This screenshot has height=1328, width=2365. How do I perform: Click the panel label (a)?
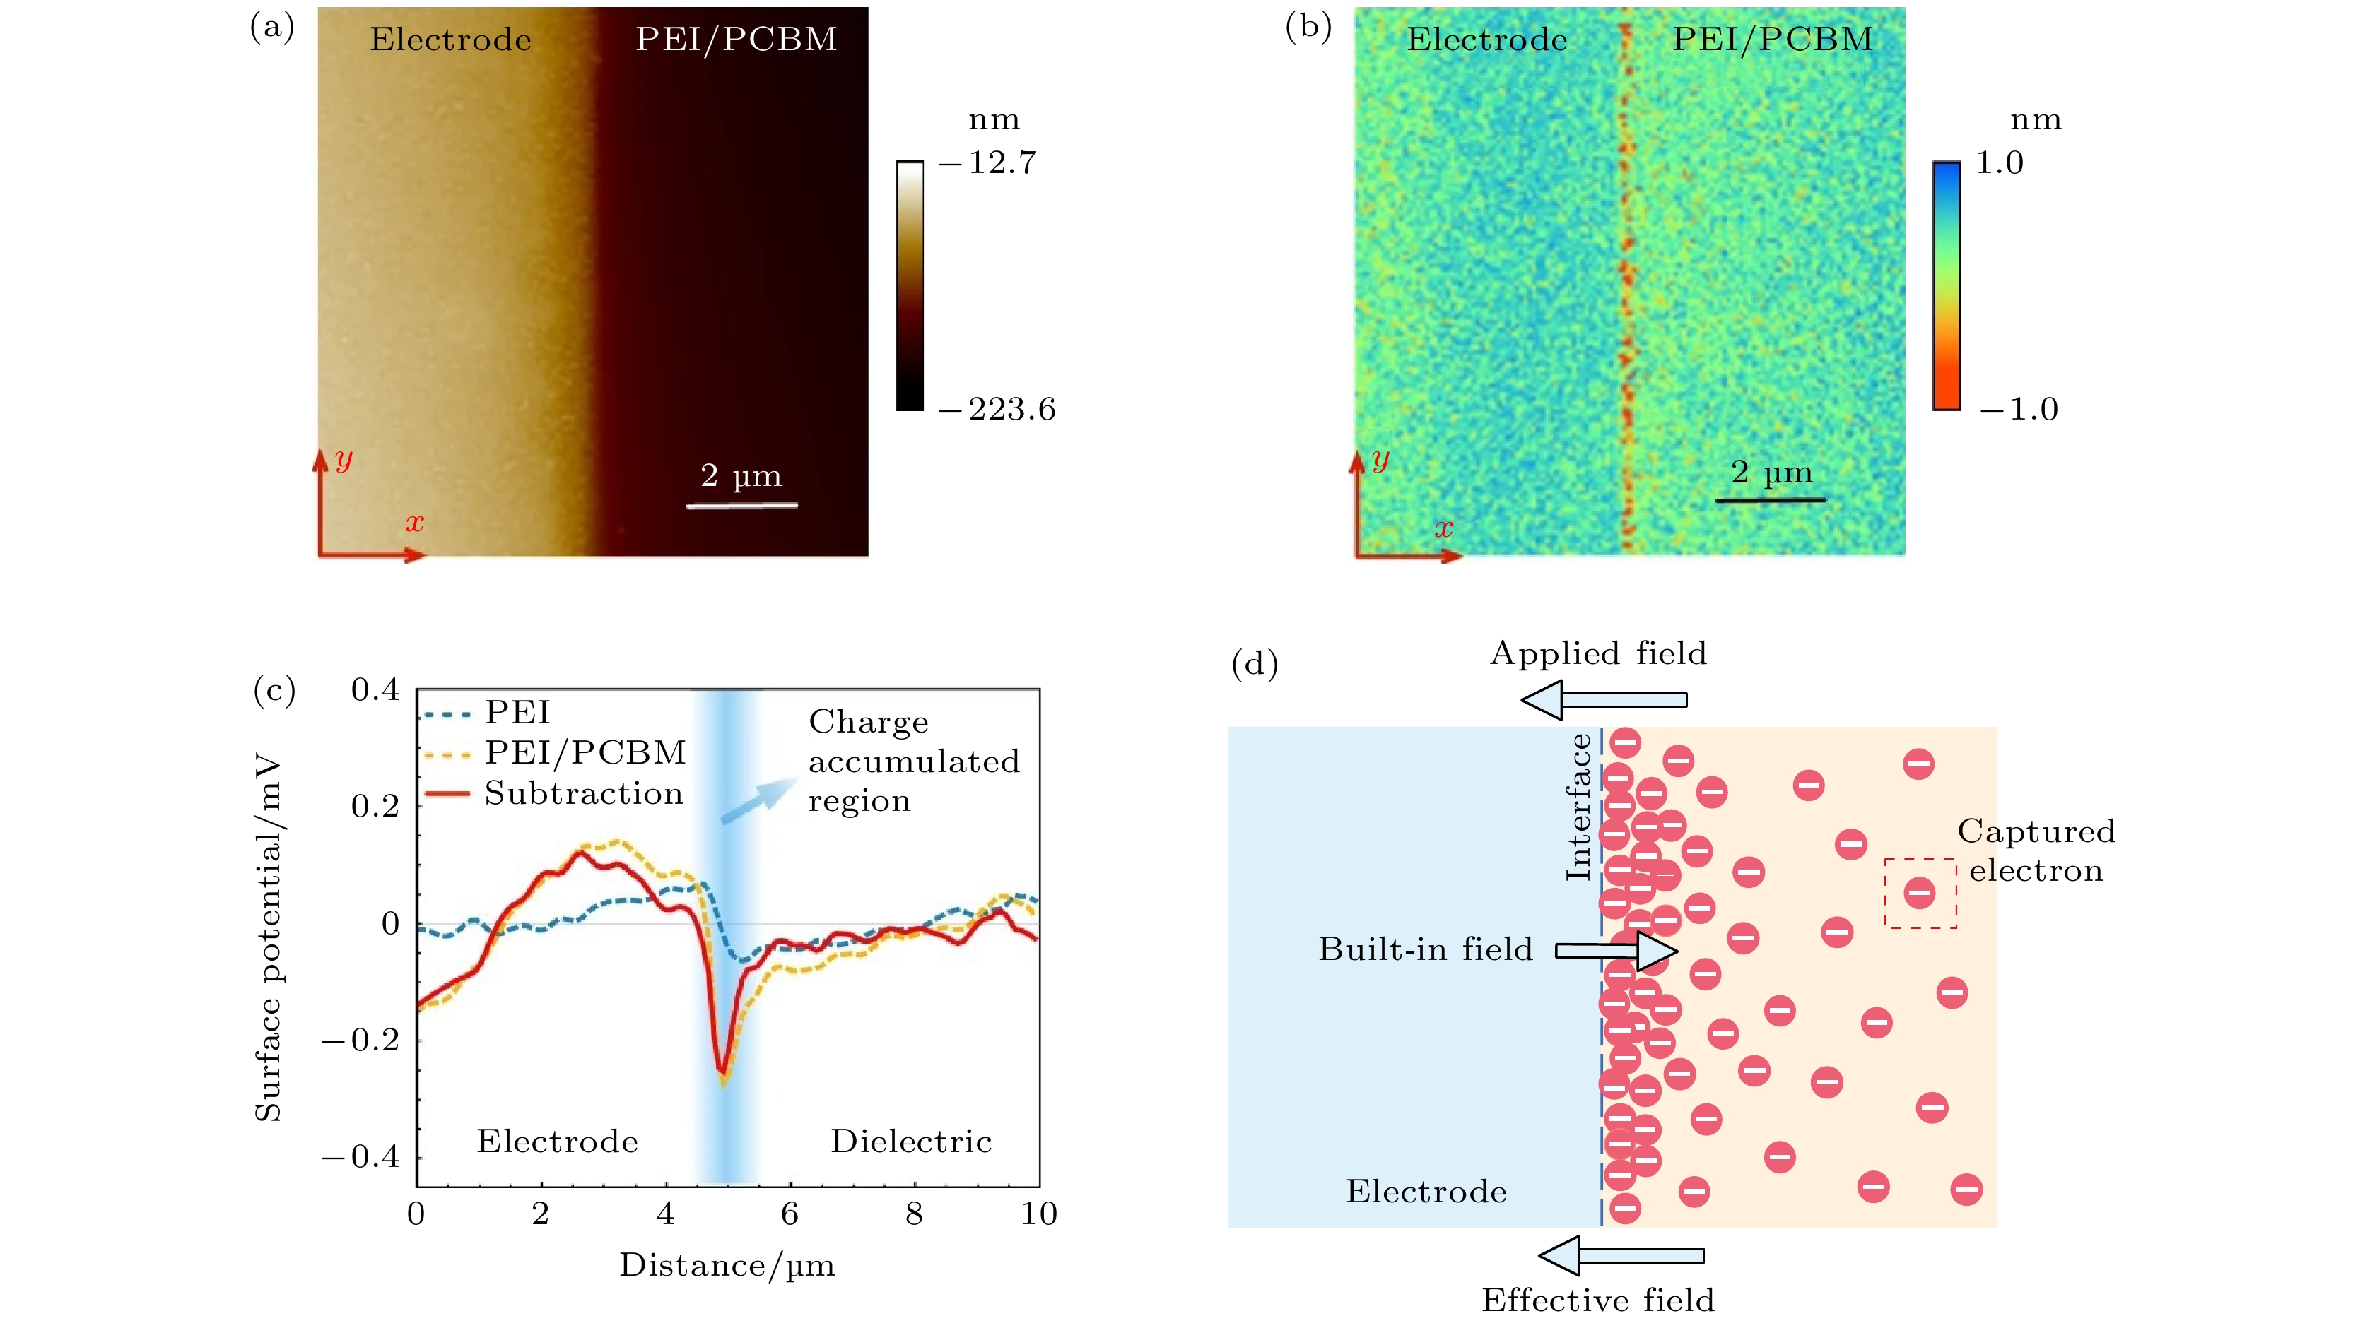click(x=271, y=28)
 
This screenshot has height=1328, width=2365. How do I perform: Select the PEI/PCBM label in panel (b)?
click(x=1772, y=40)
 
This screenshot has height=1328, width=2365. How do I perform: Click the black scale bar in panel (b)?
click(x=1770, y=500)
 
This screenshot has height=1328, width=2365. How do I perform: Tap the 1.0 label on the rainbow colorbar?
click(x=1999, y=163)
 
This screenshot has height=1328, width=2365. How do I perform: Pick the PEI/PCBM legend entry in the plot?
click(x=585, y=752)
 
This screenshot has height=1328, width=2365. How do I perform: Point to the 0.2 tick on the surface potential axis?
click(x=375, y=807)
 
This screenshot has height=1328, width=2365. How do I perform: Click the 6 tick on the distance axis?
click(x=790, y=1214)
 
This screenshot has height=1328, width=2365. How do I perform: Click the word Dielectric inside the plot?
click(x=911, y=1141)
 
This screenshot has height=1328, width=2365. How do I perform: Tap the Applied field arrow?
click(x=1604, y=700)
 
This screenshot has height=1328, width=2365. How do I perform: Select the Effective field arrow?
click(x=1621, y=1255)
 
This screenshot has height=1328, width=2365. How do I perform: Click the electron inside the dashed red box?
click(x=1919, y=892)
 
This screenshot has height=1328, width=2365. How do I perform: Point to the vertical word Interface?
click(x=1578, y=807)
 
